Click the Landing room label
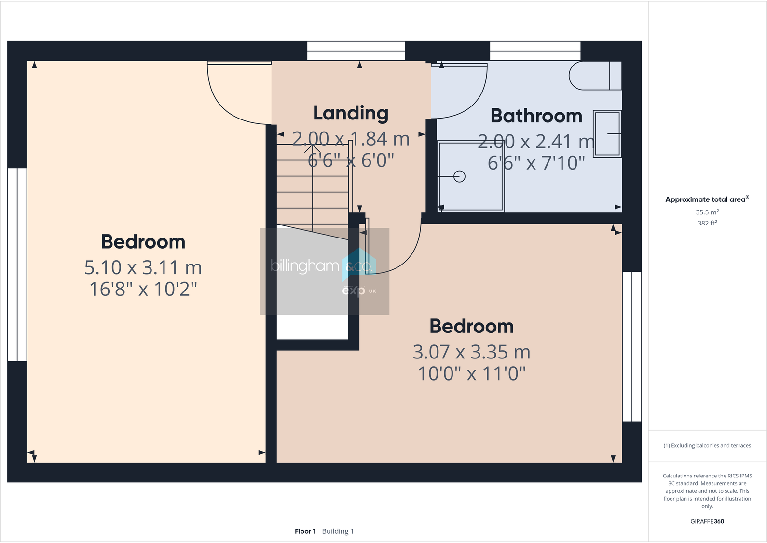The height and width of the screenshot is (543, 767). [351, 113]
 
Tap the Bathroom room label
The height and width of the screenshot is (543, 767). [536, 116]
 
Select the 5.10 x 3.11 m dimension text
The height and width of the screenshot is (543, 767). [143, 267]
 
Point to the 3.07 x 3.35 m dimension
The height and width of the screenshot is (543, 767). [471, 352]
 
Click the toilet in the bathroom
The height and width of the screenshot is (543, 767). [594, 76]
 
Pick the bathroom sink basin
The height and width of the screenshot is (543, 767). [607, 134]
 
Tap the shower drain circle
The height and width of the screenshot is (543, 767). [460, 176]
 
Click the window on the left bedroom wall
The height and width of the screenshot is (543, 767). [17, 265]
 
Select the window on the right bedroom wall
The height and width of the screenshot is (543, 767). [631, 347]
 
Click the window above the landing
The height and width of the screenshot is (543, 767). [356, 51]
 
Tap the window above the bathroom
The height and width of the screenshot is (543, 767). [535, 51]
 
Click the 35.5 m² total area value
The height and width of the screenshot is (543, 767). [707, 212]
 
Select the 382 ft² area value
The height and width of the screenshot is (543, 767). [707, 223]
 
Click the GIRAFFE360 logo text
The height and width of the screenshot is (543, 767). [707, 521]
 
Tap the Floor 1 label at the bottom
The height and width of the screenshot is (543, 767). [305, 531]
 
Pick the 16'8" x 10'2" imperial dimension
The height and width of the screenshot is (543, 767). [143, 289]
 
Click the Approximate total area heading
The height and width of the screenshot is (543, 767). [705, 199]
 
